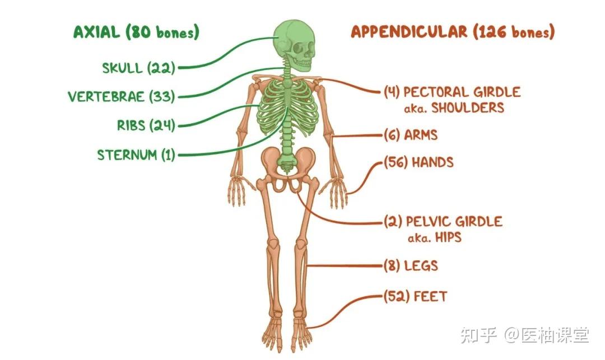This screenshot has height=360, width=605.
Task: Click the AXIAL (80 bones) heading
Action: pos(136,32)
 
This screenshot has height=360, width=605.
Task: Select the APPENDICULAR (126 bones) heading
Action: pos(453,31)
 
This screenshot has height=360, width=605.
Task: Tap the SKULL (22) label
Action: pos(138,68)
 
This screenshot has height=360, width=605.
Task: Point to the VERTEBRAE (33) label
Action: pos(121,96)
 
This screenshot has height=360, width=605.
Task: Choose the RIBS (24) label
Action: pos(146,125)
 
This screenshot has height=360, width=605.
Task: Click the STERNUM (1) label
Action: pos(136,155)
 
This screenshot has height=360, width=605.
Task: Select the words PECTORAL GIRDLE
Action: pos(462,92)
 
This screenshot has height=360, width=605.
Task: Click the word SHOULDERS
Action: pos(468,108)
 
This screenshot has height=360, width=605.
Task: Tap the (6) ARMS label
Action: pos(411,135)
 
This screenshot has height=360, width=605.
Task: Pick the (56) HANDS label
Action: pos(418,162)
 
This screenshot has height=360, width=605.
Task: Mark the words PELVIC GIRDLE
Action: pos(454,222)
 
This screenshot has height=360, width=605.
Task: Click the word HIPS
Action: pos(448,237)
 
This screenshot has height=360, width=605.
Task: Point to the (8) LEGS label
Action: pos(411,266)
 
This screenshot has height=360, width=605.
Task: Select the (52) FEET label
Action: pos(415,296)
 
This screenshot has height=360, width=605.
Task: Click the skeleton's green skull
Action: pos(294,45)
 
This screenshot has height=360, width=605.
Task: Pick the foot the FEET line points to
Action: pos(301,333)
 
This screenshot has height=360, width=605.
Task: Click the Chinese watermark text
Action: pos(525,335)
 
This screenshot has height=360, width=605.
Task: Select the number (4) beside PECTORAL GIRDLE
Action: pos(392,92)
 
